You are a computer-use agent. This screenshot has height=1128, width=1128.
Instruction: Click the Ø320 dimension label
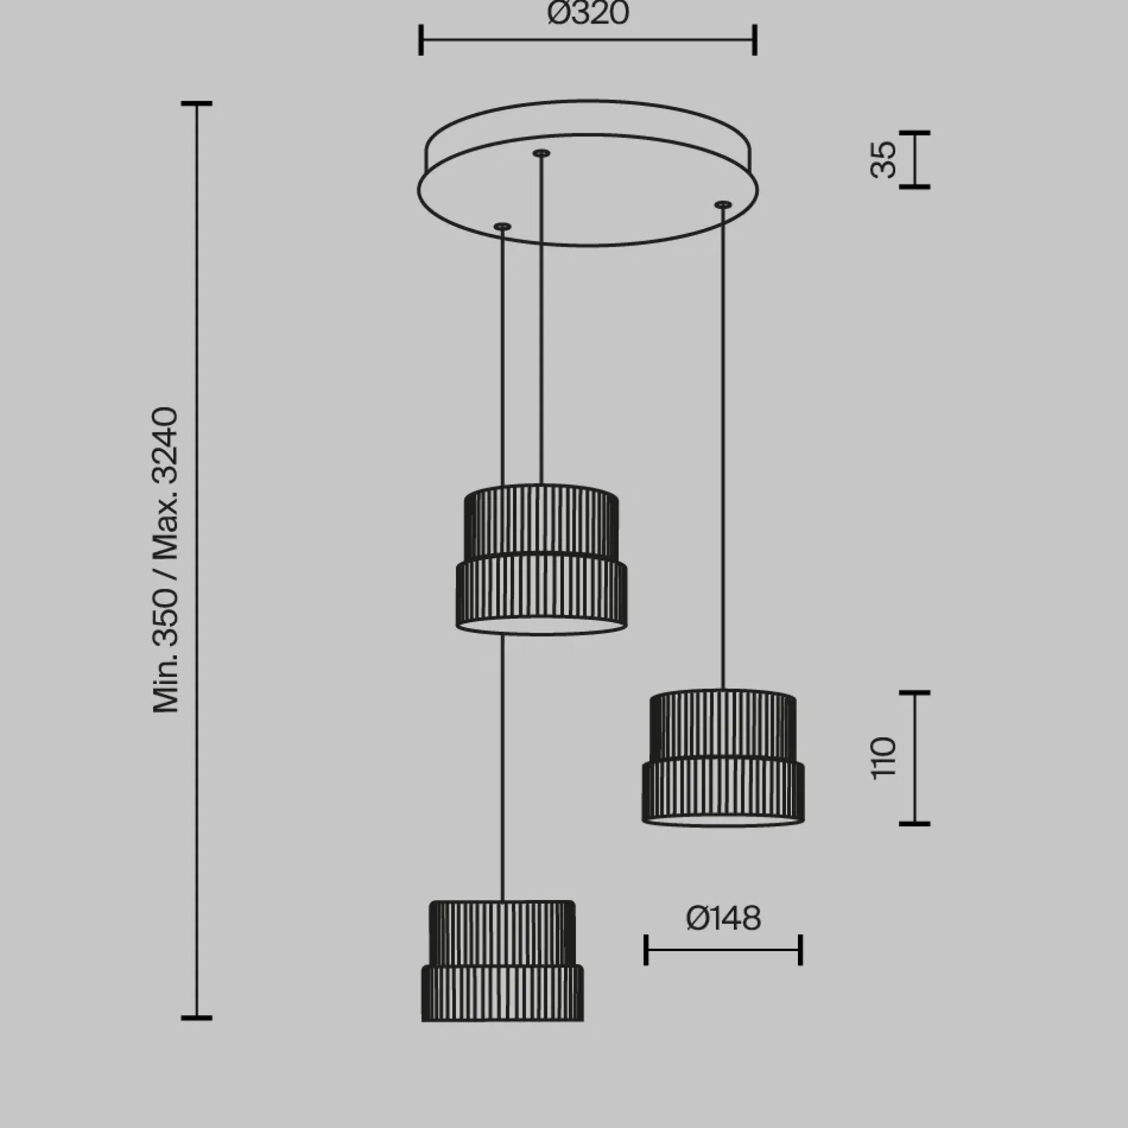coord(588,13)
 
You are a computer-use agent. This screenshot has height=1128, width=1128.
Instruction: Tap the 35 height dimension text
coord(883,160)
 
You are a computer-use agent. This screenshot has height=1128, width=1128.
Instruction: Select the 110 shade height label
coord(883,758)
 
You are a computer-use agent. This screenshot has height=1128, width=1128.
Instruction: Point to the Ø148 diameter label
coord(724,918)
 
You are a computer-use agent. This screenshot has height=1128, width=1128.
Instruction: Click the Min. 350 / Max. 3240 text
coord(166,560)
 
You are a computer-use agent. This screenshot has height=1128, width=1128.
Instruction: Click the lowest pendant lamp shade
coord(502,961)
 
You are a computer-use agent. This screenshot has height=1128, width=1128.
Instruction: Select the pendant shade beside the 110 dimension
coord(723,758)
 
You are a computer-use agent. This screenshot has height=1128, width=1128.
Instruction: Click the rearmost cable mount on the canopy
coord(541,154)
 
